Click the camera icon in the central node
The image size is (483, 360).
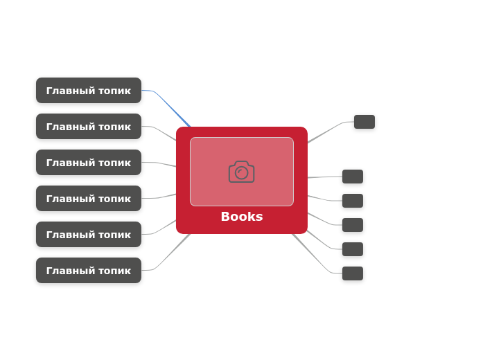241,172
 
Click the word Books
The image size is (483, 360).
241,217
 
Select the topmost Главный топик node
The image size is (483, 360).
89,91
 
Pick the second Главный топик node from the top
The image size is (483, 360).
89,127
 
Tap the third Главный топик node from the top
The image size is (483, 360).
89,163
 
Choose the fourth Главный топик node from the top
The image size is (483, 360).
89,199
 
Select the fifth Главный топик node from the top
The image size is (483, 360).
89,235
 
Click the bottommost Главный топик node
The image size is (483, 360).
89,271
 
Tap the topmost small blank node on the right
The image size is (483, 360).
365,122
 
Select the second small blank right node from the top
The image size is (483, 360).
353,177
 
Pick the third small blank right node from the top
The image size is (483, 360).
353,201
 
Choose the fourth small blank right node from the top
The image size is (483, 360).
353,225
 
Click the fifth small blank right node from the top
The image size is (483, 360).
353,249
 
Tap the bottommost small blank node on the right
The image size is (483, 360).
353,273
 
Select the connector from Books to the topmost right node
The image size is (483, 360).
326,132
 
